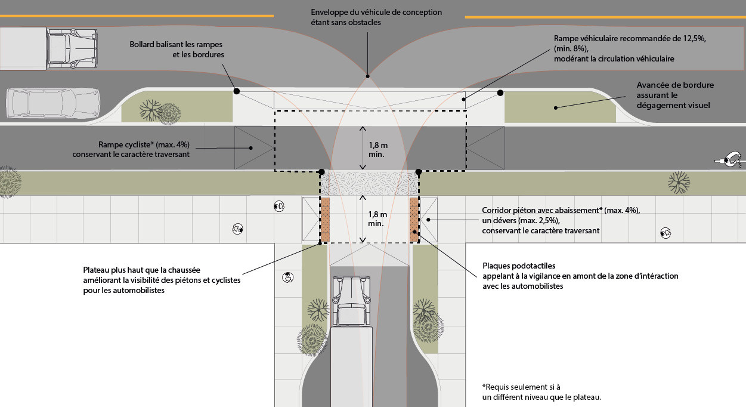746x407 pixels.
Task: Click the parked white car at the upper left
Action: [52, 103]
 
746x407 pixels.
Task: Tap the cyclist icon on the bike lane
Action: [730, 159]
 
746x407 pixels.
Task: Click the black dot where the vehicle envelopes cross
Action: [368, 76]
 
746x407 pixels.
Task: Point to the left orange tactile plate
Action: [326, 220]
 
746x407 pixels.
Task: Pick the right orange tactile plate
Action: [414, 220]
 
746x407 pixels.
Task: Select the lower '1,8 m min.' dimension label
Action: [377, 218]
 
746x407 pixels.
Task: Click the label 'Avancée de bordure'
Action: [675, 85]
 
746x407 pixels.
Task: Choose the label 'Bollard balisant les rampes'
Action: [177, 45]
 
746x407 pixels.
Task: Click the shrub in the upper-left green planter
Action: [150, 110]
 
